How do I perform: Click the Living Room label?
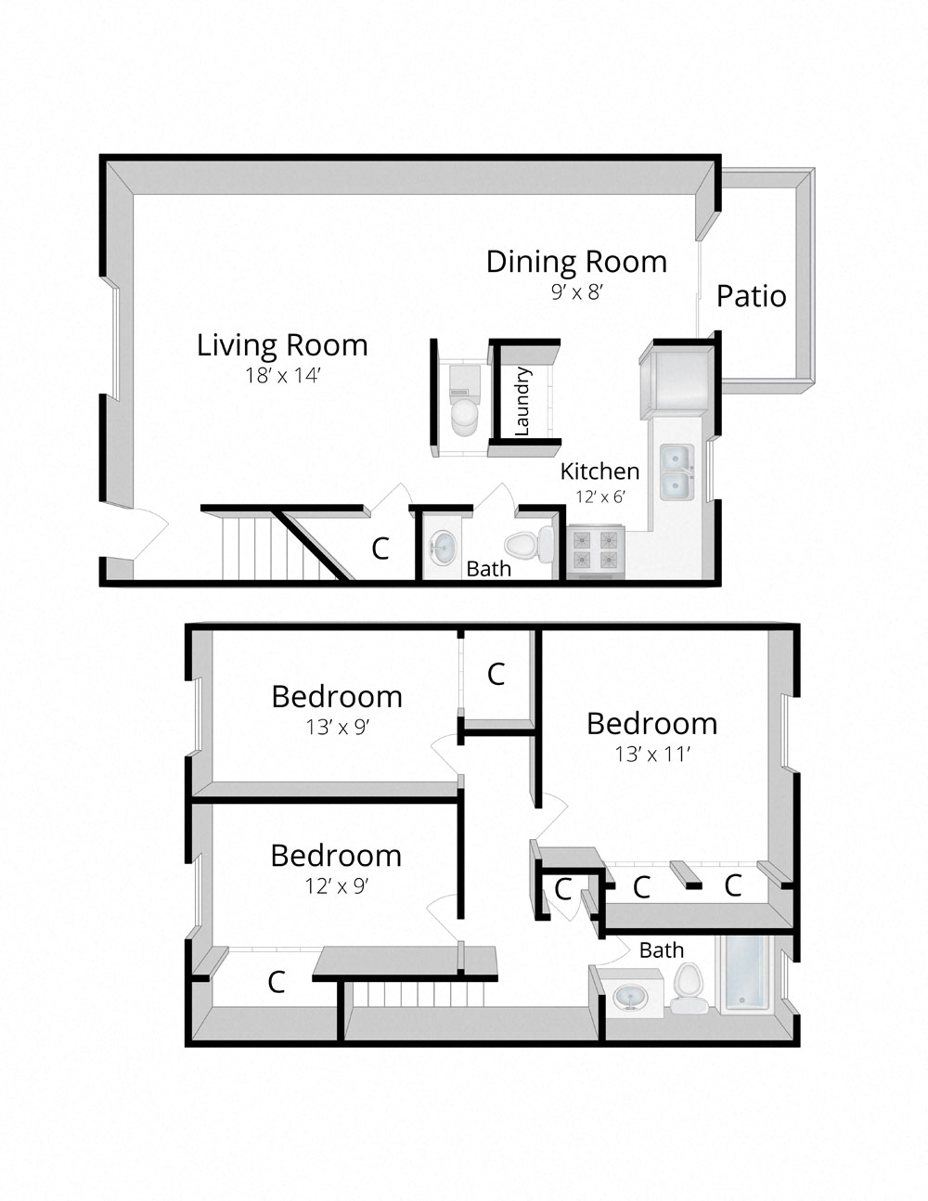point(282,345)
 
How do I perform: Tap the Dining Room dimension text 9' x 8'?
point(577,292)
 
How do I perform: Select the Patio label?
point(751,297)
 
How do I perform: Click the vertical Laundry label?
point(522,401)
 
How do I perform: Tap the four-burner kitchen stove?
point(595,549)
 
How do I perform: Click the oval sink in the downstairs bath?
point(443,548)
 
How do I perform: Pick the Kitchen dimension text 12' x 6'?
point(599,497)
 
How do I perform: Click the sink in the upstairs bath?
point(631,999)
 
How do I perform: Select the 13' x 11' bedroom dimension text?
point(652,755)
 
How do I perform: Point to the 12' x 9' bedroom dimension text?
point(337,886)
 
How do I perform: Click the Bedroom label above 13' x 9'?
point(337,697)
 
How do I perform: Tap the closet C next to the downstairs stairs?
point(380,549)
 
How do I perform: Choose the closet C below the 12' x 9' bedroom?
point(276,982)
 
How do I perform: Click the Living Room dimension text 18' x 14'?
point(282,376)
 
